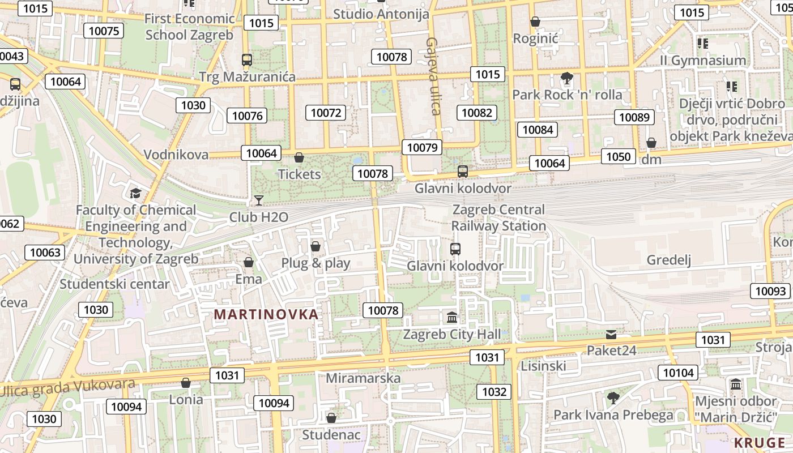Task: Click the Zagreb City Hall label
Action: pyautogui.click(x=451, y=334)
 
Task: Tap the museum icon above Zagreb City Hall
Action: pyautogui.click(x=452, y=318)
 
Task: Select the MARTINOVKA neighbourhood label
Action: pyautogui.click(x=266, y=314)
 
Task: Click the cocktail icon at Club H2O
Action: pyautogui.click(x=259, y=200)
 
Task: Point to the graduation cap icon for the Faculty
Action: pyautogui.click(x=135, y=194)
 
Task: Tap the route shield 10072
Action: pyautogui.click(x=326, y=113)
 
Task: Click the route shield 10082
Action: pyautogui.click(x=477, y=113)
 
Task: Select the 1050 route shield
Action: pyautogui.click(x=617, y=156)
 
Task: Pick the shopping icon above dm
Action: pyautogui.click(x=651, y=143)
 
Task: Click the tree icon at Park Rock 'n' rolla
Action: pyautogui.click(x=566, y=78)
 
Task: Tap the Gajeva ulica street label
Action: pyautogui.click(x=433, y=76)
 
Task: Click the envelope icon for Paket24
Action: pyautogui.click(x=611, y=334)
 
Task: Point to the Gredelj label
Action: pyautogui.click(x=669, y=260)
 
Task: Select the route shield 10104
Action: pyautogui.click(x=677, y=372)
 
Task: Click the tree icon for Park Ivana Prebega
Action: pyautogui.click(x=613, y=398)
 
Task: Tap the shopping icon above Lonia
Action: pyautogui.click(x=186, y=383)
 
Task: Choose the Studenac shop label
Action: pyautogui.click(x=331, y=434)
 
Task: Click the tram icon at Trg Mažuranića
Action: pyautogui.click(x=247, y=60)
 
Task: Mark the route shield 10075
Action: pyautogui.click(x=104, y=31)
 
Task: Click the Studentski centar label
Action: pyautogui.click(x=114, y=284)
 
